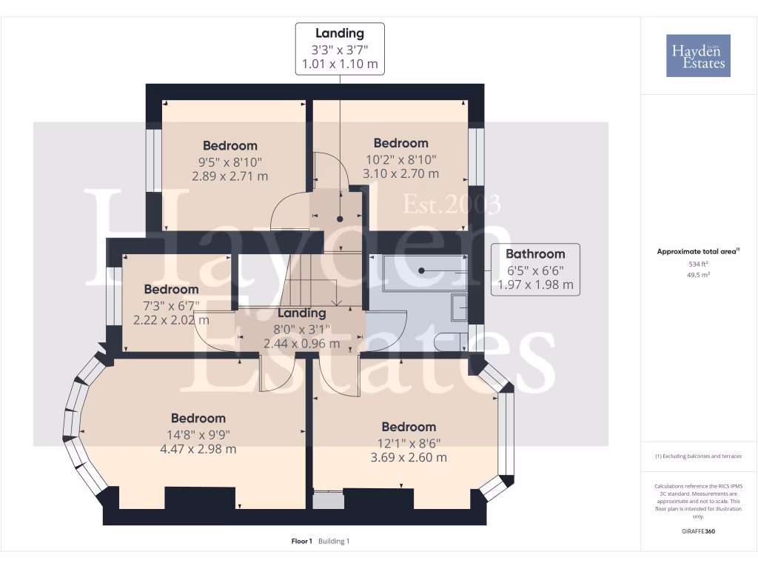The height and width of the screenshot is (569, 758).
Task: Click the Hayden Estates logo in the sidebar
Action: pyautogui.click(x=698, y=56)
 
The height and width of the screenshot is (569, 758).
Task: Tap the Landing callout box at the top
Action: pyautogui.click(x=340, y=48)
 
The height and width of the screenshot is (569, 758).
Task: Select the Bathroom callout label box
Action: pyautogui.click(x=535, y=269)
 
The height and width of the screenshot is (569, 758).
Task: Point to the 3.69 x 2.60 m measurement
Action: pyautogui.click(x=409, y=457)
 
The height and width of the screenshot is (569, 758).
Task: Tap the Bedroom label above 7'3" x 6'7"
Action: pyautogui.click(x=171, y=289)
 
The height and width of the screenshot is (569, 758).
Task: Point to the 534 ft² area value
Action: pyautogui.click(x=698, y=264)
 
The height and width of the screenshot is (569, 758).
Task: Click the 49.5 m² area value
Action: pyautogui.click(x=698, y=274)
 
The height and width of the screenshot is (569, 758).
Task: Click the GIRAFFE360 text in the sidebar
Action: pyautogui.click(x=698, y=531)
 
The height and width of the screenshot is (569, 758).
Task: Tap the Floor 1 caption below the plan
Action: pyautogui.click(x=302, y=541)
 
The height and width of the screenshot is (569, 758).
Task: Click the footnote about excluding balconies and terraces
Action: pyautogui.click(x=698, y=456)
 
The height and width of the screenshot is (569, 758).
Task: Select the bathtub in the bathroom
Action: pyautogui.click(x=418, y=272)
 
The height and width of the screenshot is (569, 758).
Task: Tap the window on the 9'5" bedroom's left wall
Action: pyautogui.click(x=153, y=161)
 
